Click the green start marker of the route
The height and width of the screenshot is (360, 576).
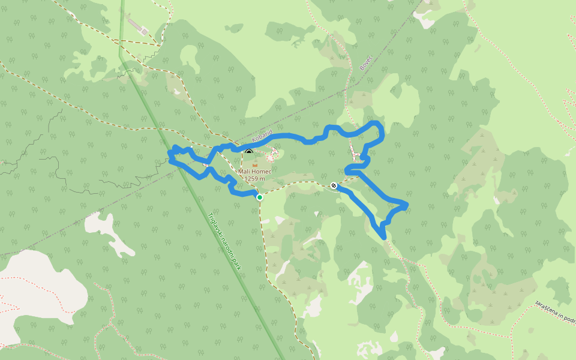click(x=259, y=197)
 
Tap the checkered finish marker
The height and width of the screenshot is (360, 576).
click(x=334, y=185)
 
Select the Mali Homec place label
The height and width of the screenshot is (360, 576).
click(x=254, y=172)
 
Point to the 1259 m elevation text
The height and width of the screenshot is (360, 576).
click(x=254, y=178)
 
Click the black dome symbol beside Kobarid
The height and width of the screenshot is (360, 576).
click(x=249, y=152)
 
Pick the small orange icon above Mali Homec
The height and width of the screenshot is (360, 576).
click(x=254, y=164)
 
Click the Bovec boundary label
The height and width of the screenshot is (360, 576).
click(x=366, y=62)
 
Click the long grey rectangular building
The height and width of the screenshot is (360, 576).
click(x=137, y=26)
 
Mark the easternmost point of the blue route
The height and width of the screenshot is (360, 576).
click(x=407, y=205)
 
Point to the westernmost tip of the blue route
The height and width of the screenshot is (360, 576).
click(x=169, y=159)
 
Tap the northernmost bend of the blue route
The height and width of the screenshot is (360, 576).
click(x=376, y=123)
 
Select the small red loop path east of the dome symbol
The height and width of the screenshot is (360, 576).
click(x=272, y=154)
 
